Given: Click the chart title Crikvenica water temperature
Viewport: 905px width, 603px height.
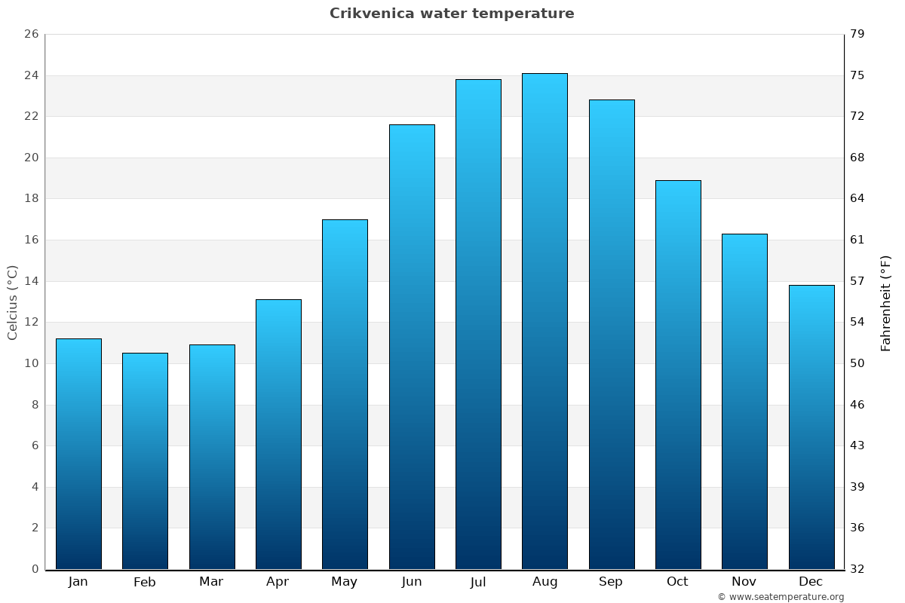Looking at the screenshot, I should [x=452, y=14].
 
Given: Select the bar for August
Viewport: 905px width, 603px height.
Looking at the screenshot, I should [x=545, y=321].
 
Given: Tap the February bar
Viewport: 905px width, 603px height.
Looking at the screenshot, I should [x=145, y=461].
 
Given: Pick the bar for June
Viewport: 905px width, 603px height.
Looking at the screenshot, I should [x=412, y=347].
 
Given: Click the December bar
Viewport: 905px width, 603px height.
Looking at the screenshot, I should [x=811, y=427].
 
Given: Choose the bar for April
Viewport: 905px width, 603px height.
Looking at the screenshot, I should [x=278, y=434].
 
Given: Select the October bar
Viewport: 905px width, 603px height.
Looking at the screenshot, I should [x=678, y=375].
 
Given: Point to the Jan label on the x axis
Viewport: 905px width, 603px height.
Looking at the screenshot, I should [x=78, y=582].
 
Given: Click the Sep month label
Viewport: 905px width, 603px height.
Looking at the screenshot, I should [x=611, y=582].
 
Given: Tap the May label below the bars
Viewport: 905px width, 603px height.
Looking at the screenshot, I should [x=345, y=582].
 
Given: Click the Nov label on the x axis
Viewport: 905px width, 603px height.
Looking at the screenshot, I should [x=744, y=582].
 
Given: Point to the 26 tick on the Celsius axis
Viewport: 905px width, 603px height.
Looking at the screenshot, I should [x=31, y=35].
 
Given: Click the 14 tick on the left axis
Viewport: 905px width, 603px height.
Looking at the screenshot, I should [x=31, y=281].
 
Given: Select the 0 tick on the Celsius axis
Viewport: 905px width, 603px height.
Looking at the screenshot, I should [x=35, y=569].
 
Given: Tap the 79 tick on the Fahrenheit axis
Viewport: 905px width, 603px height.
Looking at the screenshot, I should [x=857, y=35].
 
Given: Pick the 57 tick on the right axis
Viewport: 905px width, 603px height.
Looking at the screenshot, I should [x=857, y=281].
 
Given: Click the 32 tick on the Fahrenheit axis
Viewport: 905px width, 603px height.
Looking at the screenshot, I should [x=857, y=569].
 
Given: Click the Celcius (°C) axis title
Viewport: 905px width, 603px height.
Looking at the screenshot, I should [x=12, y=302].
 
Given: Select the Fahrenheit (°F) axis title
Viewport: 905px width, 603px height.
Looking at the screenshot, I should [x=886, y=302].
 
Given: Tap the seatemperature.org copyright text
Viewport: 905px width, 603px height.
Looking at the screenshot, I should [x=781, y=597].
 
